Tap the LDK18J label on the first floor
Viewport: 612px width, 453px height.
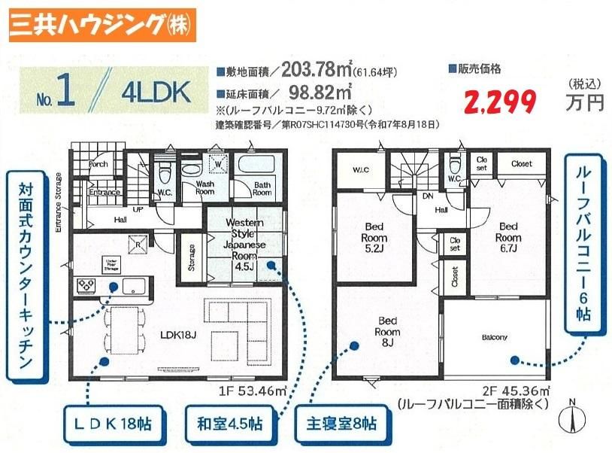[x=176, y=330]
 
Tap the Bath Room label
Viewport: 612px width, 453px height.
[x=262, y=187]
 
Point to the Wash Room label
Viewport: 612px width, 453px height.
[x=205, y=187]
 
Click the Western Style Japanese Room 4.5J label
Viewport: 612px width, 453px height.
[x=244, y=242]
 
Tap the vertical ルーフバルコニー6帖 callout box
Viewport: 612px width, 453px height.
[x=580, y=250]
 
